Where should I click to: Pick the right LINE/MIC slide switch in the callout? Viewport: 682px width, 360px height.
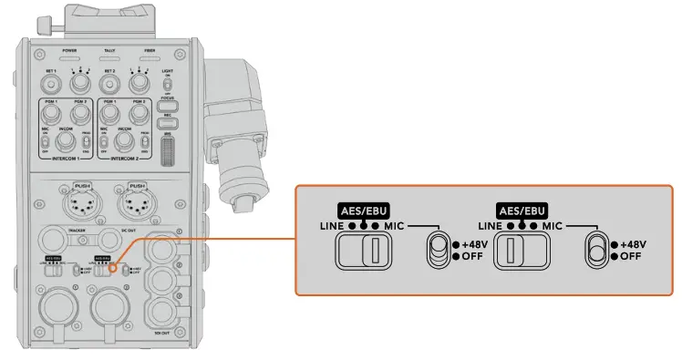pos(520,251)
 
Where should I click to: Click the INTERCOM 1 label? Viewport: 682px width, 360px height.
pos(66,158)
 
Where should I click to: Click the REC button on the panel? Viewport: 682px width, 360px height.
pos(166,122)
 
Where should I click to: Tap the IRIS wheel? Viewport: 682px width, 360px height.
pos(166,150)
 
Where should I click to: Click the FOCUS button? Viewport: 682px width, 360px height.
pos(166,105)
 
